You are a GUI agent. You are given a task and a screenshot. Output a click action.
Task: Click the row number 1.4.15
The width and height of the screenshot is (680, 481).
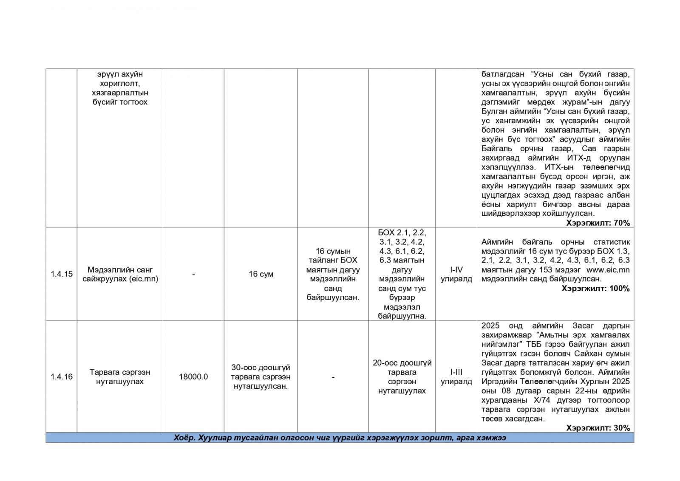point(62,274)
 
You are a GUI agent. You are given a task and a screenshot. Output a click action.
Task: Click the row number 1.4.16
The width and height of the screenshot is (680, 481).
point(62,377)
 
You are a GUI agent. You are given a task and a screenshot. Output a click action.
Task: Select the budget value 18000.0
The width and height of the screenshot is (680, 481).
point(193,377)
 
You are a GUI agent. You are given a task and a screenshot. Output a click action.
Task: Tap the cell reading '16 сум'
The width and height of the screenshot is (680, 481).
point(261,274)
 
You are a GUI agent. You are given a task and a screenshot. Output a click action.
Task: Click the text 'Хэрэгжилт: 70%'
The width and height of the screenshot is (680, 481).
point(598,223)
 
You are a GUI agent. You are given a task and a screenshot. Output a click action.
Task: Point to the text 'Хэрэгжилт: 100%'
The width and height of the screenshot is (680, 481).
point(595,289)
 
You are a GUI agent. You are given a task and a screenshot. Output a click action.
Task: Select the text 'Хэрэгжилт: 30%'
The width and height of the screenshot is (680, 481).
point(598,428)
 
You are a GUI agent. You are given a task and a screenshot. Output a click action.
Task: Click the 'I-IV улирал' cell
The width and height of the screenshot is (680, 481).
point(456,274)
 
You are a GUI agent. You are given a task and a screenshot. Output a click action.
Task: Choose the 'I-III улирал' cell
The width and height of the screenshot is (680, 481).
point(456,377)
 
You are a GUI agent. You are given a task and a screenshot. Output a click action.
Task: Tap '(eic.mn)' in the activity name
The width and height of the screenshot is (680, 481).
point(144,279)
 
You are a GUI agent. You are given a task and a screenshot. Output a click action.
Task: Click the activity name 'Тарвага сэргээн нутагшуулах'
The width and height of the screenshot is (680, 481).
point(120,377)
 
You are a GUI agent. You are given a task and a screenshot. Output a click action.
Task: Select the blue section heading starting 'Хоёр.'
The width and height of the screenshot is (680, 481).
point(340,438)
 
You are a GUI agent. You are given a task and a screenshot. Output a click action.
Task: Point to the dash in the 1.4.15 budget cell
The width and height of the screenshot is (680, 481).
point(193,274)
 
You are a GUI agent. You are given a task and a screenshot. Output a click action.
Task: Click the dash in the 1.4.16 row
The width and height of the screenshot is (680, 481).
point(333,377)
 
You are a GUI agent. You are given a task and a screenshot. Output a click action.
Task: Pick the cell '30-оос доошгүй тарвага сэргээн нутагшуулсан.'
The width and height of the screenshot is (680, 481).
point(261,377)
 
